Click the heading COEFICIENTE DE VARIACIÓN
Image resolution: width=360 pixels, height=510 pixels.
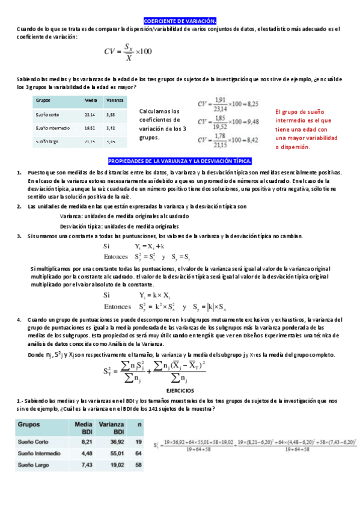pyautogui.click(x=180, y=20)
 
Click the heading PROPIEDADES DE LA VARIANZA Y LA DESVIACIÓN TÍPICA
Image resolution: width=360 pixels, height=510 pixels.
pyautogui.click(x=180, y=162)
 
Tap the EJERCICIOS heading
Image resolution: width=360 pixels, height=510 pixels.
pyautogui.click(x=180, y=390)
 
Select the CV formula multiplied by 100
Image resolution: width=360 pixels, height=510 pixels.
pyautogui.click(x=127, y=52)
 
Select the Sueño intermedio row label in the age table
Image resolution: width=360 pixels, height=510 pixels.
pyautogui.click(x=53, y=127)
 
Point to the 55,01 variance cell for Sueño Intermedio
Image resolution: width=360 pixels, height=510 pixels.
pyautogui.click(x=111, y=453)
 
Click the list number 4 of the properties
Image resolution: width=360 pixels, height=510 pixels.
pyautogui.click(x=19, y=319)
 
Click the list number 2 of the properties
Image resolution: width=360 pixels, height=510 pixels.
pyautogui.click(x=19, y=206)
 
